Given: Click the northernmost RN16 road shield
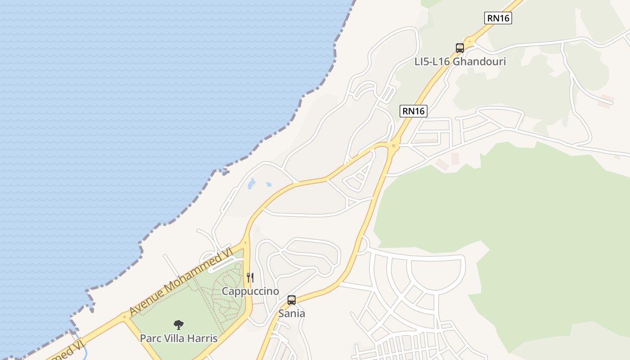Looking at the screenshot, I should (498, 18).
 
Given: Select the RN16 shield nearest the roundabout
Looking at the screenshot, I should (413, 111).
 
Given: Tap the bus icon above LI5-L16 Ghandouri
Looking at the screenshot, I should (459, 48).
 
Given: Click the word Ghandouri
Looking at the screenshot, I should (479, 62).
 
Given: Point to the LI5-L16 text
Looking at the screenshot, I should (432, 62).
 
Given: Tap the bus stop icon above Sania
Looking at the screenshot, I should (292, 300).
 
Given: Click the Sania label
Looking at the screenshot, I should (292, 313).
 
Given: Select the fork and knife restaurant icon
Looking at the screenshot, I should (250, 278).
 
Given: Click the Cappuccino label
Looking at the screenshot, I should (250, 291).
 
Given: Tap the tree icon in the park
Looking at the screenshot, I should (179, 324).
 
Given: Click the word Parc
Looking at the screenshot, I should (151, 338).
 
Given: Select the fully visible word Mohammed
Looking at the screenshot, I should (197, 271).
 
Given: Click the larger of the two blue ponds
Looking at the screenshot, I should (251, 184).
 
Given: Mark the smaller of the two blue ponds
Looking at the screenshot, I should (269, 184).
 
